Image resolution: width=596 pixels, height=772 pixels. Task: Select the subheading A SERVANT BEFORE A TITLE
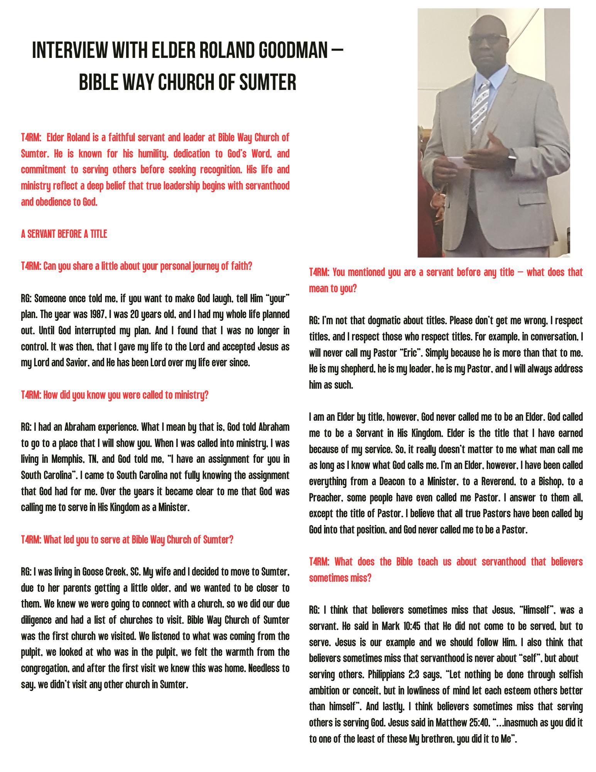[x=64, y=234]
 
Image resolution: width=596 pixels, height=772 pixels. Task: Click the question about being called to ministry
[x=115, y=395]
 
